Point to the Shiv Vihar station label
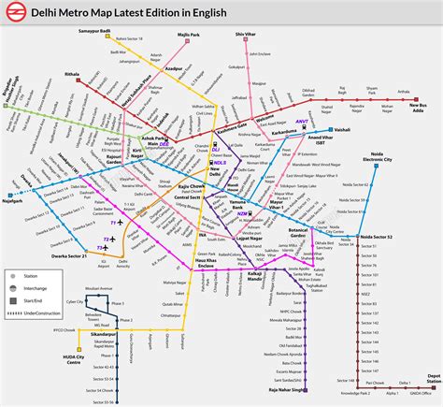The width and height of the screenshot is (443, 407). click(x=246, y=33)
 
